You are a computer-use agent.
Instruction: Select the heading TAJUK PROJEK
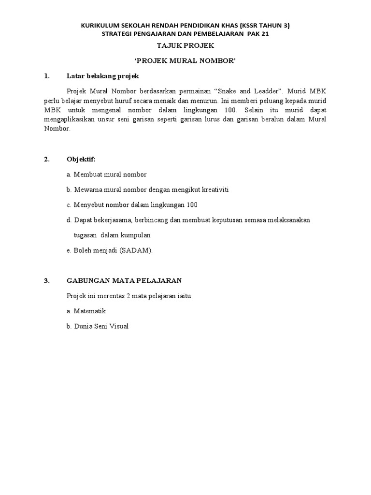(185, 45)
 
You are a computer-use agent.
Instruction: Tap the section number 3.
(46, 281)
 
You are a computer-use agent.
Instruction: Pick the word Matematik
(90, 311)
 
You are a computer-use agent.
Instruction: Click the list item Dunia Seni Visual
(101, 326)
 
